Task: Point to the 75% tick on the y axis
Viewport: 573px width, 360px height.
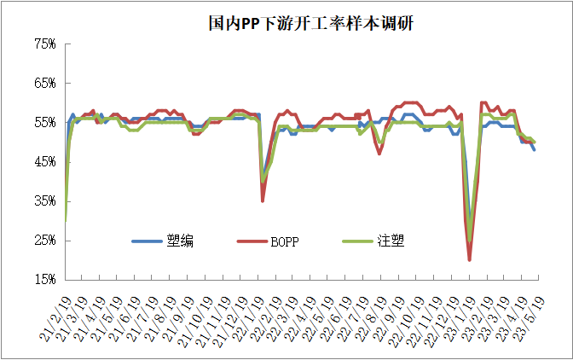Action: coord(45,44)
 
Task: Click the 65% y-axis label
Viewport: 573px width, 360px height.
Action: coord(45,84)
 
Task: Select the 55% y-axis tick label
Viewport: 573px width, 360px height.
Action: coord(45,123)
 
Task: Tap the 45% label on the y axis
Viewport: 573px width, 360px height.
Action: coord(45,162)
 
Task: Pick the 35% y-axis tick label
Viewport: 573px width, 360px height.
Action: coord(45,201)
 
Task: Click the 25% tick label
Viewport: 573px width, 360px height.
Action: coord(45,241)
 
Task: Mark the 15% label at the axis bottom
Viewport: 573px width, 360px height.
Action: coord(45,280)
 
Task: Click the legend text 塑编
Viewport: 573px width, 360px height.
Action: coord(182,241)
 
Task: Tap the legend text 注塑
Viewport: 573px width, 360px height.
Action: coord(391,241)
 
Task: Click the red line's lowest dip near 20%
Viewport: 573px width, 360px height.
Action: coord(470,258)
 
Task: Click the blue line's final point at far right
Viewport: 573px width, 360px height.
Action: coord(535,149)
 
